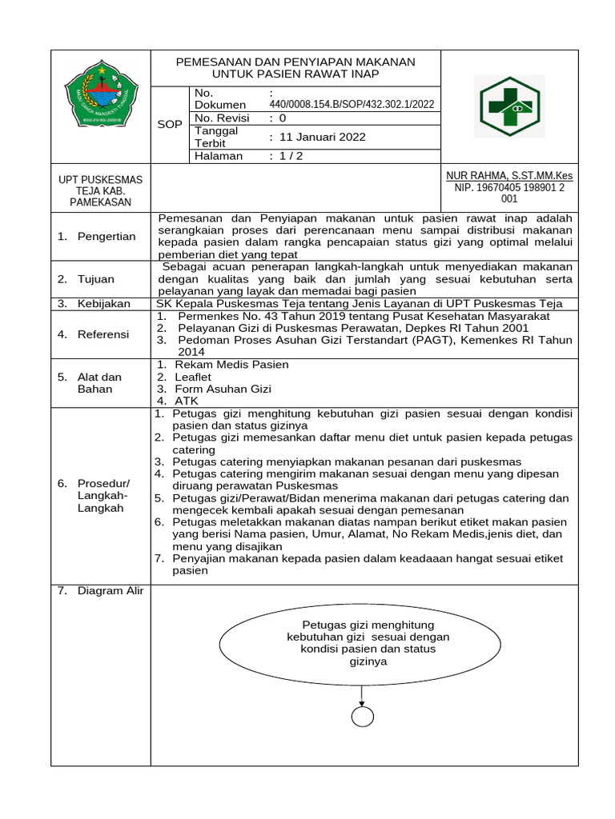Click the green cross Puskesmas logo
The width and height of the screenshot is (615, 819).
510,106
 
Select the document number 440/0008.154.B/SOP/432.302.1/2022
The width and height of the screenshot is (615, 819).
352,104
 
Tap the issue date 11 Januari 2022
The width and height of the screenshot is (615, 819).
318,137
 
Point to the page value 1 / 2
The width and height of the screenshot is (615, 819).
285,156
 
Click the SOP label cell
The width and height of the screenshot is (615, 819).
169,125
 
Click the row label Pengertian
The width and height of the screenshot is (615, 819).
107,236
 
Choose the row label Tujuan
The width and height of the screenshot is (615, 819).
96,279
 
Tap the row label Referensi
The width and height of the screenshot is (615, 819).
103,334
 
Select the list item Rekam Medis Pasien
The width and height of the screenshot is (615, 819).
231,365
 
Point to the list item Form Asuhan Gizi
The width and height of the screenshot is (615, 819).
223,389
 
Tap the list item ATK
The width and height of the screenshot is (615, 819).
186,401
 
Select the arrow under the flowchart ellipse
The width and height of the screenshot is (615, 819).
363,693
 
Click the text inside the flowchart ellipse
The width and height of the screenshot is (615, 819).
368,643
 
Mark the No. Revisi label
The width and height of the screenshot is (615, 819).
222,118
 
